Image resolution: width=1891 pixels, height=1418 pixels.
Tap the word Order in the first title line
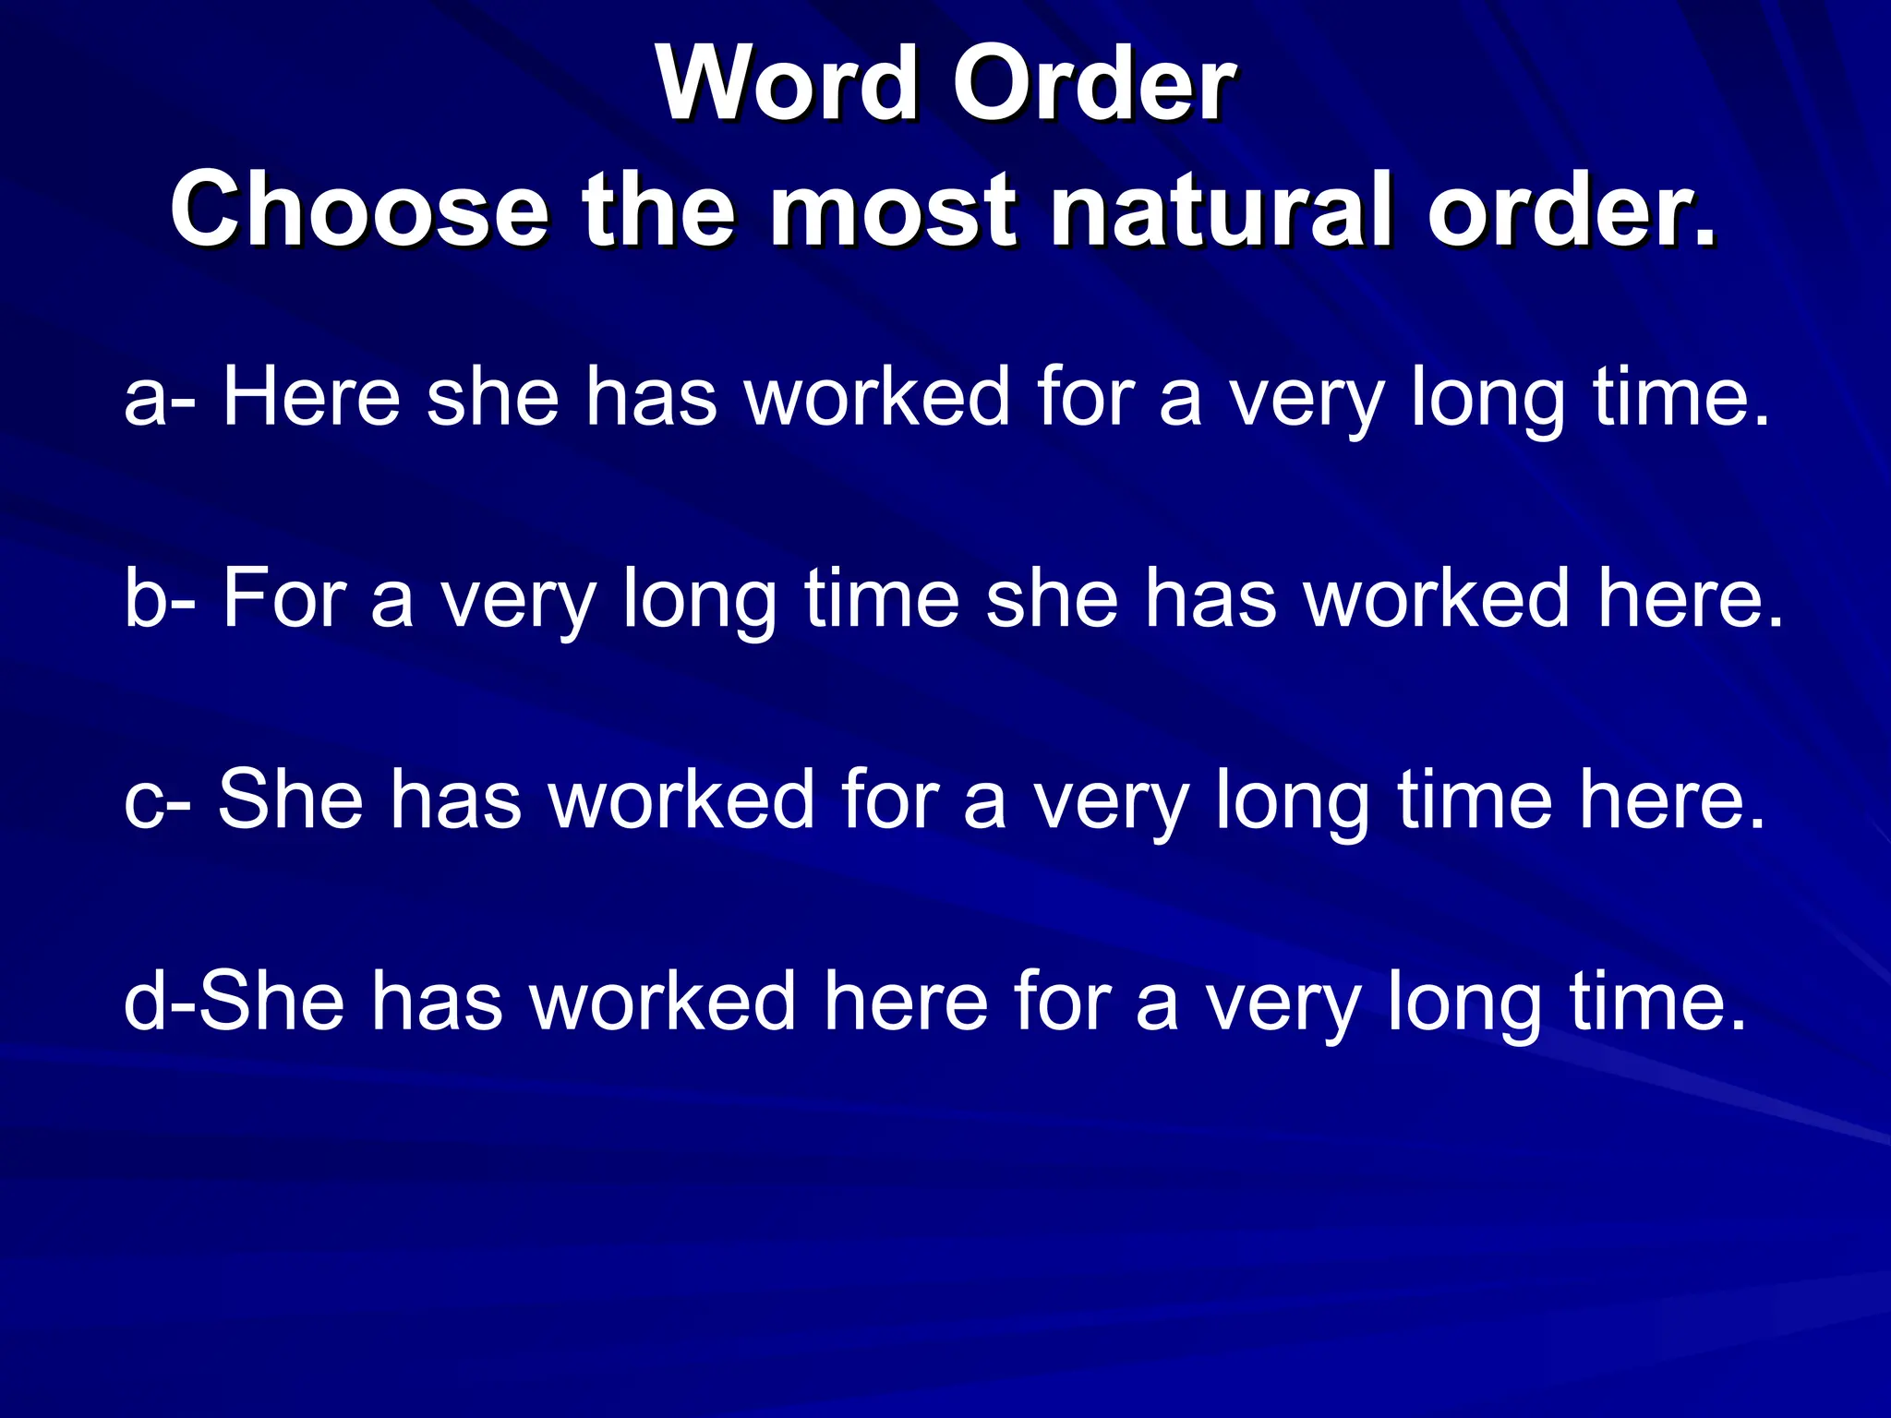pos(1093,84)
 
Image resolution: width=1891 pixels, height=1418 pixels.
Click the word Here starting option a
pos(311,397)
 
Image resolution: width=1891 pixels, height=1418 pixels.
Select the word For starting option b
pos(283,598)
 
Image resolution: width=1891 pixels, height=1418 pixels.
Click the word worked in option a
pos(877,397)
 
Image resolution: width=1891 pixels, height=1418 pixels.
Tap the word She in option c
pos(290,799)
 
